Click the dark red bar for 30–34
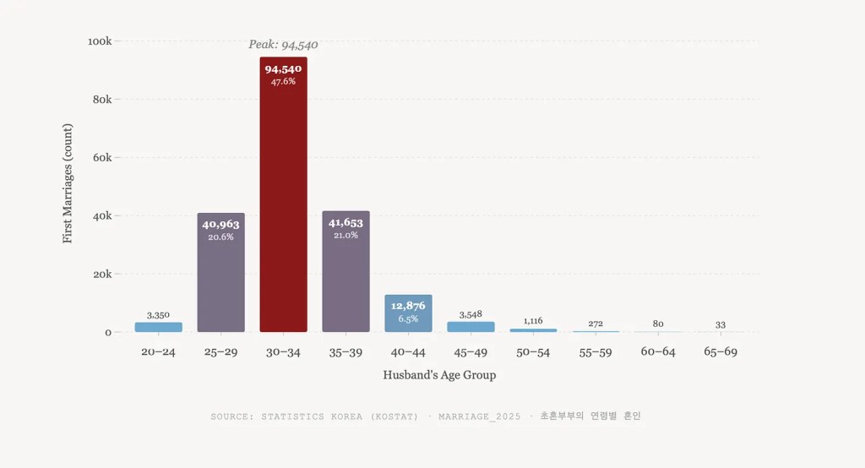[283, 203]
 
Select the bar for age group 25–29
[220, 279]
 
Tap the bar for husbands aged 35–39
[345, 279]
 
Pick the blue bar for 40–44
[408, 314]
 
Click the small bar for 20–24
[158, 327]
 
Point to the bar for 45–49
[471, 327]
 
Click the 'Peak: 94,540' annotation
[283, 45]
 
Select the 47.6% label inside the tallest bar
[283, 82]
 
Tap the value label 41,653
[345, 223]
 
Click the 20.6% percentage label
[220, 237]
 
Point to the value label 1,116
[533, 321]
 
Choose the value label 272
[596, 324]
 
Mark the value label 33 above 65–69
[721, 325]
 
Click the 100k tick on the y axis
[100, 41]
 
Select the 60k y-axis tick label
[101, 158]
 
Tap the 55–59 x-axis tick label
[596, 352]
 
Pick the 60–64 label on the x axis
[658, 352]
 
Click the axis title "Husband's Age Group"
[439, 375]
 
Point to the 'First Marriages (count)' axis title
[68, 183]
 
